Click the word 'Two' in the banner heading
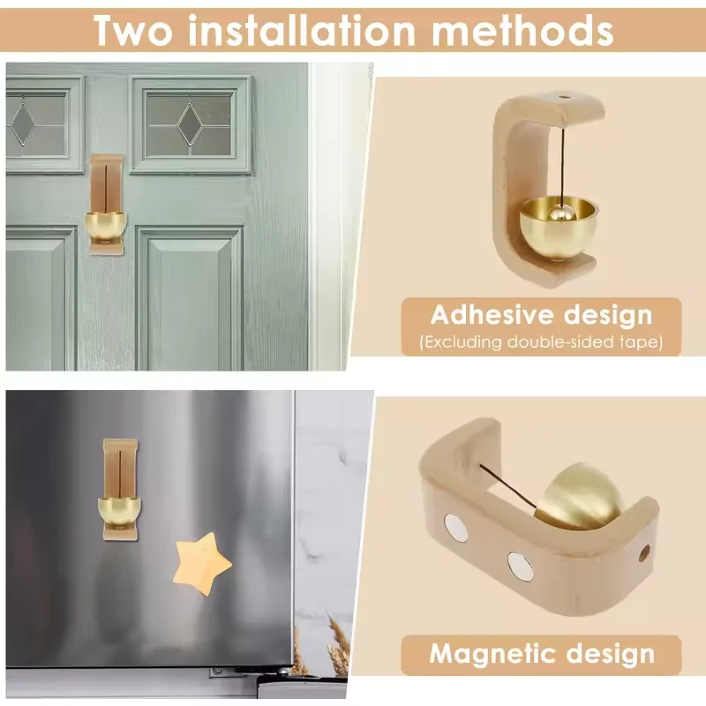pyautogui.click(x=133, y=30)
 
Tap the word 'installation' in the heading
pyautogui.click(x=302, y=30)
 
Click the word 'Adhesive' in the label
pyautogui.click(x=491, y=314)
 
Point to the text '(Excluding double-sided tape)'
pyautogui.click(x=541, y=342)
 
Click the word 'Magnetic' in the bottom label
pyautogui.click(x=492, y=653)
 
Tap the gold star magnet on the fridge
pyautogui.click(x=203, y=563)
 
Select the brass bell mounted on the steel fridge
pyautogui.click(x=119, y=512)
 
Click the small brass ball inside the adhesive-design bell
pyautogui.click(x=561, y=213)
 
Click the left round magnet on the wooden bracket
pyautogui.click(x=455, y=526)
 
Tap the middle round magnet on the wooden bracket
pyautogui.click(x=521, y=565)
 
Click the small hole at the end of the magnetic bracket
pyautogui.click(x=644, y=553)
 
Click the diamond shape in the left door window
pyautogui.click(x=23, y=124)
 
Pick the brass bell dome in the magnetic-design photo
pyautogui.click(x=580, y=495)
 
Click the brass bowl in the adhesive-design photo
pyautogui.click(x=559, y=229)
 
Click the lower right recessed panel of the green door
pyautogui.click(x=190, y=298)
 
